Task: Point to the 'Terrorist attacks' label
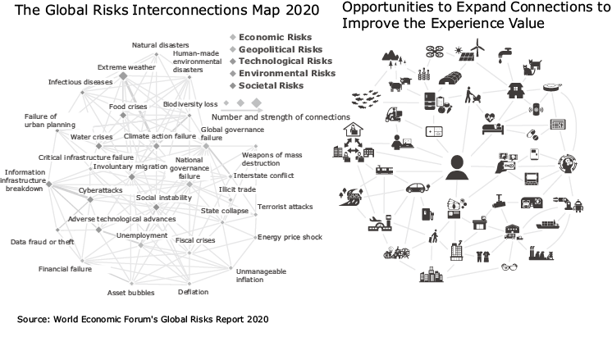click(285, 207)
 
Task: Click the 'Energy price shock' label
click(290, 237)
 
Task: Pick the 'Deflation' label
click(194, 292)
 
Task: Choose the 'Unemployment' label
click(136, 235)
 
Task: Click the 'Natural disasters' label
click(160, 45)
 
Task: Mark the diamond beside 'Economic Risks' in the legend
click(233, 37)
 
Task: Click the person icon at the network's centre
click(456, 167)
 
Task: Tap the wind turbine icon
click(480, 51)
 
